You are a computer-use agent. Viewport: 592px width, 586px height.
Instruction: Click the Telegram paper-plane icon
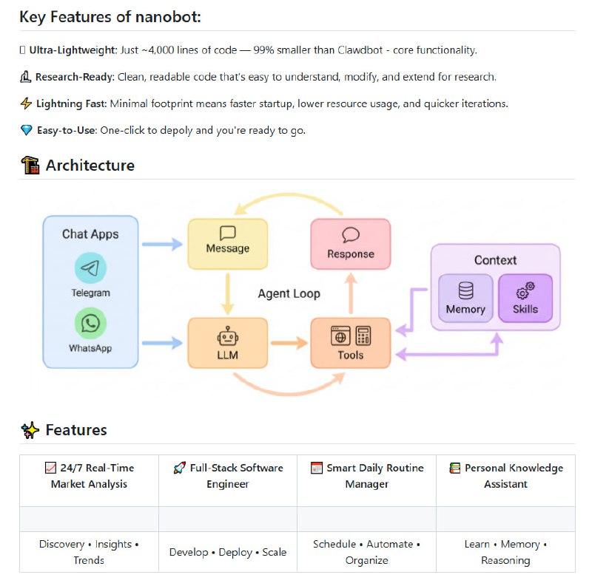90,268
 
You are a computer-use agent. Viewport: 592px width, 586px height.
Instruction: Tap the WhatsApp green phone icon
90,323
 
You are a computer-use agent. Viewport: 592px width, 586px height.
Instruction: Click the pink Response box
350,243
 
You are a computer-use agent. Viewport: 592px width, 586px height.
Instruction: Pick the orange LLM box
228,343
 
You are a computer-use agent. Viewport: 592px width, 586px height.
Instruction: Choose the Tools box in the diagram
350,343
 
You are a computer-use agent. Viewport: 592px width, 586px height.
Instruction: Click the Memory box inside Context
465,298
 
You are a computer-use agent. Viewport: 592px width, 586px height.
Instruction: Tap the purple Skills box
525,298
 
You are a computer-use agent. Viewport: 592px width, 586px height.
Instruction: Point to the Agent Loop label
289,293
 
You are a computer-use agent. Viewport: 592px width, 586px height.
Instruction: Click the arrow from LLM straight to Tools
289,343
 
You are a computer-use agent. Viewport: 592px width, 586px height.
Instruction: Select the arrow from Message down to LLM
228,293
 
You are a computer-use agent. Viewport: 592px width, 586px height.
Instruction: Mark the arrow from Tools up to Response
350,293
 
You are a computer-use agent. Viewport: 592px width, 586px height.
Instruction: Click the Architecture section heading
90,166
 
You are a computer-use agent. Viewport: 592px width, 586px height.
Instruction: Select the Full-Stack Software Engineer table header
227,476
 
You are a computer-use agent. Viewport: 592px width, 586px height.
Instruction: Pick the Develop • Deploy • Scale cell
227,552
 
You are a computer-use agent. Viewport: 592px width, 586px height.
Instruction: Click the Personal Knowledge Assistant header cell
505,476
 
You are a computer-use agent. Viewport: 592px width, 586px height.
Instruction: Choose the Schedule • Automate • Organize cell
366,552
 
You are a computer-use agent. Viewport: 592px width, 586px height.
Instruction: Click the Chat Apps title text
90,234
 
